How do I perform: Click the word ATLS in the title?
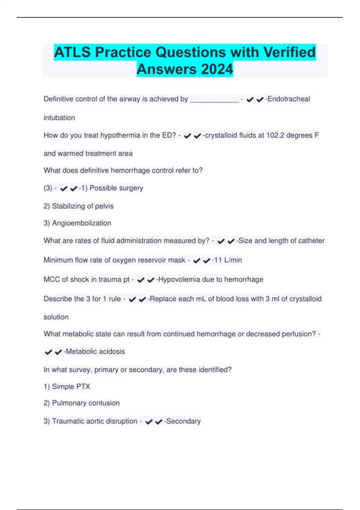click(72, 52)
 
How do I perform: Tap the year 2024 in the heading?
click(217, 69)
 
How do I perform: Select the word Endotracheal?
click(289, 99)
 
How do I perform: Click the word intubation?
click(59, 118)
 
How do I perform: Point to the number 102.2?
click(275, 135)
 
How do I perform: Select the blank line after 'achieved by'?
click(214, 100)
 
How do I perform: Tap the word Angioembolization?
click(81, 223)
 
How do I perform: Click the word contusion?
click(104, 403)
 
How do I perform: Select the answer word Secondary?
click(183, 421)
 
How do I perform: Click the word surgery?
click(131, 188)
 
